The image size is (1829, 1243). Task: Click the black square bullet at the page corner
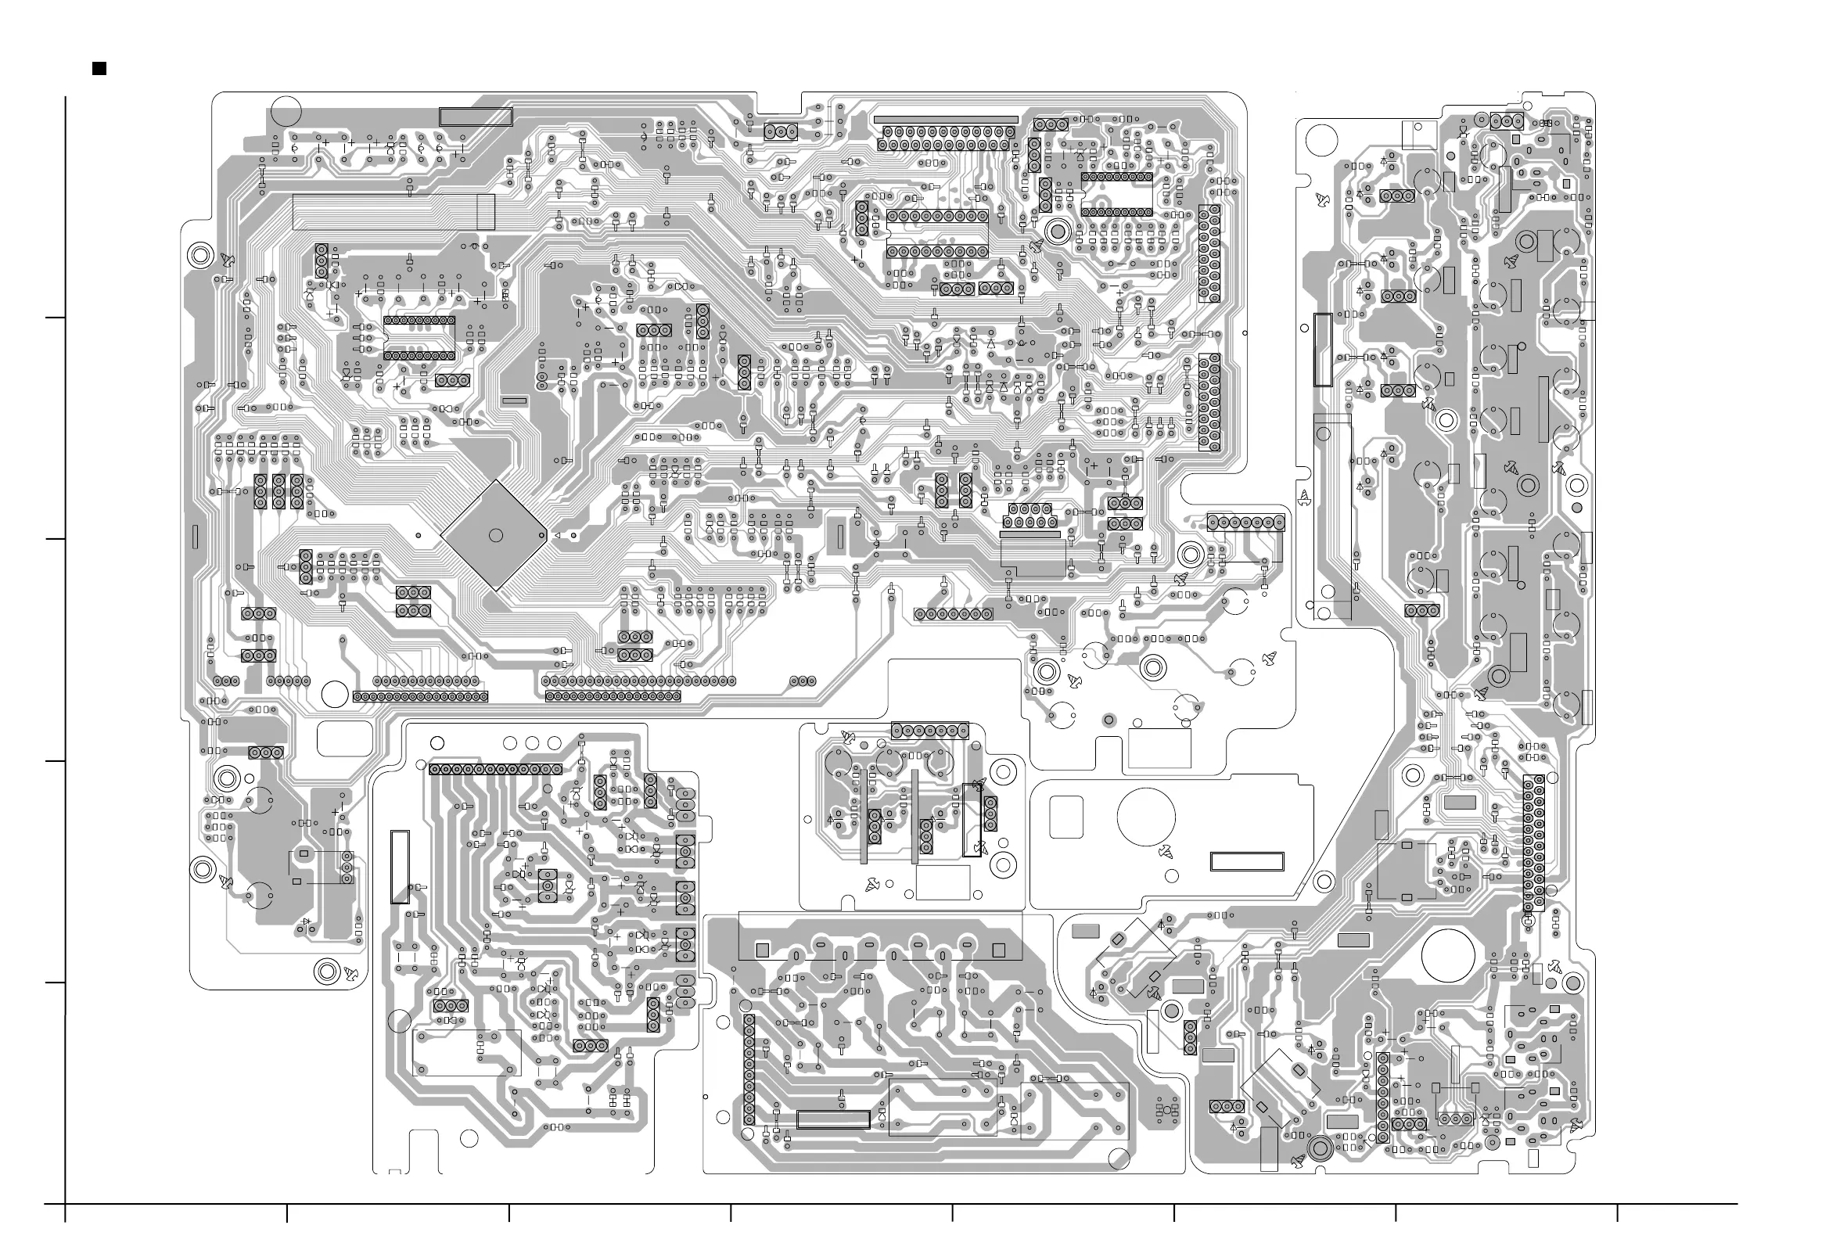99,69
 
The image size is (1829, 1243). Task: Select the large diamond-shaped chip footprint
494,535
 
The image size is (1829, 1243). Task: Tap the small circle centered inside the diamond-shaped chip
496,535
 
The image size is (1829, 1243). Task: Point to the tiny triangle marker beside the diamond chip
558,536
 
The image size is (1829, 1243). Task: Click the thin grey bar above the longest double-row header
945,120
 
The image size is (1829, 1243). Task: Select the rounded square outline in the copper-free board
1066,817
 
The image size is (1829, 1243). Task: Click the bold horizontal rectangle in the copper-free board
1247,861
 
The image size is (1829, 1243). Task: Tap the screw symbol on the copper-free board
1166,851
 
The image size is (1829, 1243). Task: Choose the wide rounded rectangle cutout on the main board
345,739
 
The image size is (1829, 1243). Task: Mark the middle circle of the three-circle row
531,742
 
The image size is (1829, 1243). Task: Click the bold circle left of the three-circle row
437,743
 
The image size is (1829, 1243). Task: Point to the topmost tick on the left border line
55,318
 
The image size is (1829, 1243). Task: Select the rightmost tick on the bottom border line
1618,1213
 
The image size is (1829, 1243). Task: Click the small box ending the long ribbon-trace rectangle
487,213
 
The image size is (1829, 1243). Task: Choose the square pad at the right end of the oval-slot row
1001,950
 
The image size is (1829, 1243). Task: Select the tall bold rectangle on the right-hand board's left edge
1323,350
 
